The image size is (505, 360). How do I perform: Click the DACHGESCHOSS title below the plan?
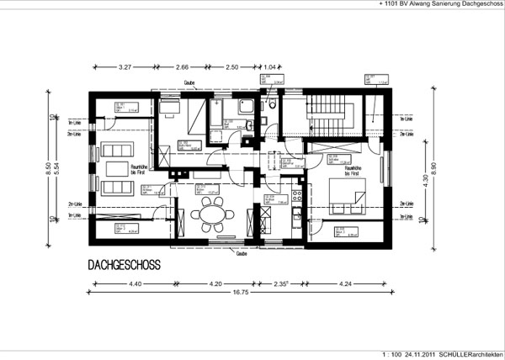124,265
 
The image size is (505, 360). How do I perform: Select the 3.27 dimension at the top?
127,66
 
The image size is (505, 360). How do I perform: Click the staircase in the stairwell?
329,114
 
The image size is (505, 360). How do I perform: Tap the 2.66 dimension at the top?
183,66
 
